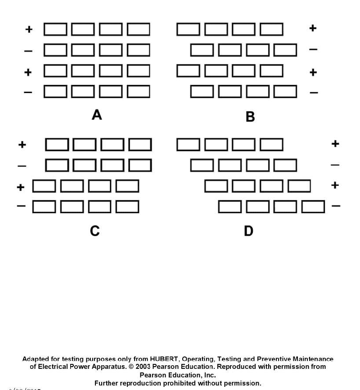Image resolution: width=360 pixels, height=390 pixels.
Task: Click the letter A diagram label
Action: (97, 115)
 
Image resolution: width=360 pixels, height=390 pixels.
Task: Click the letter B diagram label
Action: (250, 117)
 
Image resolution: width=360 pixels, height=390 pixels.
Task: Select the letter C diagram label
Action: (94, 231)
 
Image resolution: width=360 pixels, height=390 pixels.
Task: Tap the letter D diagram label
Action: (248, 231)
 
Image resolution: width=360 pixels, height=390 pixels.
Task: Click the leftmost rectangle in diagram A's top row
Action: (56, 29)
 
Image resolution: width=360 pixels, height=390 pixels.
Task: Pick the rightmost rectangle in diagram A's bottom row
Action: (139, 92)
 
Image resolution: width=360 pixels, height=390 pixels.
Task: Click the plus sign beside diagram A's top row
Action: (29, 29)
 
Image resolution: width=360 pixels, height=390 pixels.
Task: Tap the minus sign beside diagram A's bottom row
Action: (28, 92)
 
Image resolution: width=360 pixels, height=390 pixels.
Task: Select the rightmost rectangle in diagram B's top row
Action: (271, 29)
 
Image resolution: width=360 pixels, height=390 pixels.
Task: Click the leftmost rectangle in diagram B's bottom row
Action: (202, 92)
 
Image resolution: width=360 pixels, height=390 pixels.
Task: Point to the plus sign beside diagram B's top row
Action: (313, 28)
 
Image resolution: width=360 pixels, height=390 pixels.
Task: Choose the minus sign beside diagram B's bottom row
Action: (314, 93)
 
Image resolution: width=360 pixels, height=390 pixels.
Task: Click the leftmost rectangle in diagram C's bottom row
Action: (44, 206)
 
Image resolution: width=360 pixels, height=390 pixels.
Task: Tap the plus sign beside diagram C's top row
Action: (22, 145)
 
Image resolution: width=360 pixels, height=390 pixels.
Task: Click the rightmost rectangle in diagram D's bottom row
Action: (313, 206)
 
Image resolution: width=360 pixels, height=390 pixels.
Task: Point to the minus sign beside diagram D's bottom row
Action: (336, 206)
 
